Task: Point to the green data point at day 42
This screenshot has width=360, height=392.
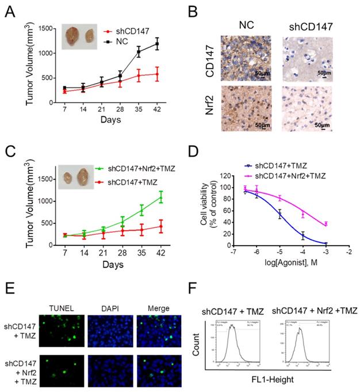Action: [x=161, y=198]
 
